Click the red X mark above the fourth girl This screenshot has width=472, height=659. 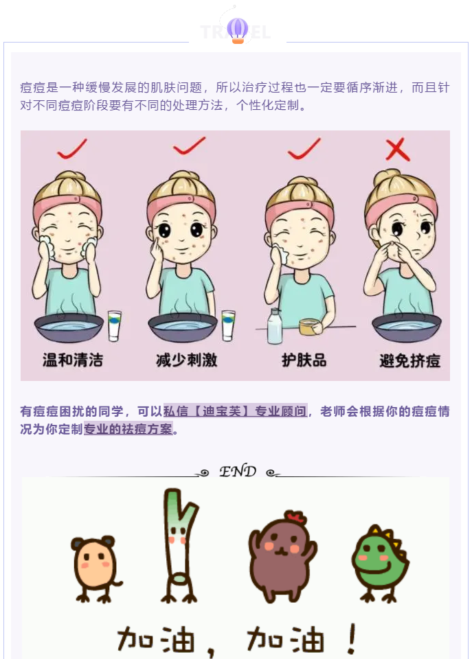[x=398, y=149]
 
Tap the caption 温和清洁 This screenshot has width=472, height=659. [x=73, y=360]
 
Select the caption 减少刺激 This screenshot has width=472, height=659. [x=186, y=360]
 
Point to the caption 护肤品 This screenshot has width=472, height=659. [x=304, y=360]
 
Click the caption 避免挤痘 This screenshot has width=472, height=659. [x=409, y=360]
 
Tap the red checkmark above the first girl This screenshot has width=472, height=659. [x=72, y=149]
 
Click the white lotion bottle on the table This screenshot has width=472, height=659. [x=274, y=326]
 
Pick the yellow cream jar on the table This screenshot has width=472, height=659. [x=308, y=327]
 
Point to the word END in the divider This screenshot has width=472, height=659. [x=238, y=471]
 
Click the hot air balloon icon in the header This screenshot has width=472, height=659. [x=238, y=30]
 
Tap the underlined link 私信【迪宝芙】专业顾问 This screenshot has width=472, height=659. [x=235, y=411]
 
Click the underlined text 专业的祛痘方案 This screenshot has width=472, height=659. [x=128, y=429]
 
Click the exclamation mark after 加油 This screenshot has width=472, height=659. [x=352, y=639]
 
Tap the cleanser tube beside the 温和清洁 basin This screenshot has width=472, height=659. [x=115, y=325]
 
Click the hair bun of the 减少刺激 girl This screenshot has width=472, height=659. [x=182, y=175]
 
